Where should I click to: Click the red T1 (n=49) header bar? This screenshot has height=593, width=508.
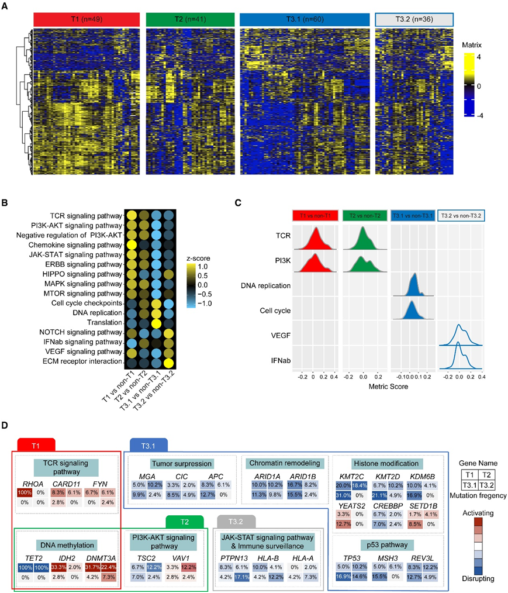pos(87,19)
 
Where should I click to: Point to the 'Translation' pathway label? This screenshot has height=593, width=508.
pos(106,322)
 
